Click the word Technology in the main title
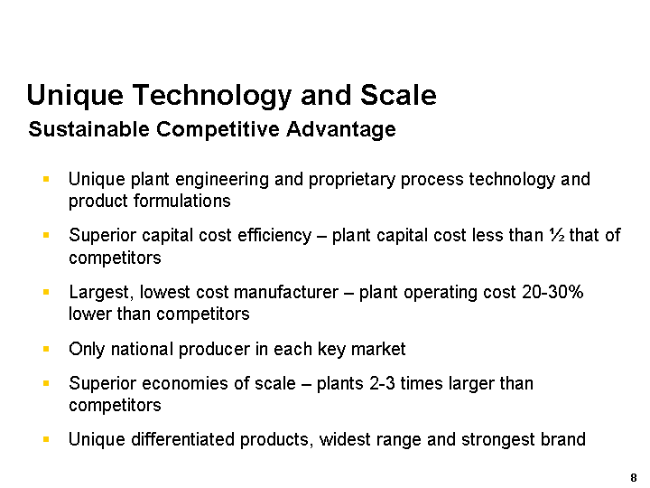pyautogui.click(x=212, y=97)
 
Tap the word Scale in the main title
pyautogui.click(x=398, y=95)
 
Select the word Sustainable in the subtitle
pyautogui.click(x=88, y=129)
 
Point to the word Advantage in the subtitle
pyautogui.click(x=340, y=130)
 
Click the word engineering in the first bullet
pyautogui.click(x=222, y=181)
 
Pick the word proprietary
pyautogui.click(x=352, y=181)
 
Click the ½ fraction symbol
pyautogui.click(x=557, y=235)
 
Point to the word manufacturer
pyautogui.click(x=286, y=292)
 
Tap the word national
pyautogui.click(x=142, y=349)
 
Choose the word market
pyautogui.click(x=378, y=349)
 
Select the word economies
pyautogui.click(x=185, y=383)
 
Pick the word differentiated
pyautogui.click(x=182, y=439)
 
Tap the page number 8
pyautogui.click(x=633, y=478)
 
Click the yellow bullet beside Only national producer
pyautogui.click(x=46, y=349)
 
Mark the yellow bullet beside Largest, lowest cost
pyautogui.click(x=46, y=292)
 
